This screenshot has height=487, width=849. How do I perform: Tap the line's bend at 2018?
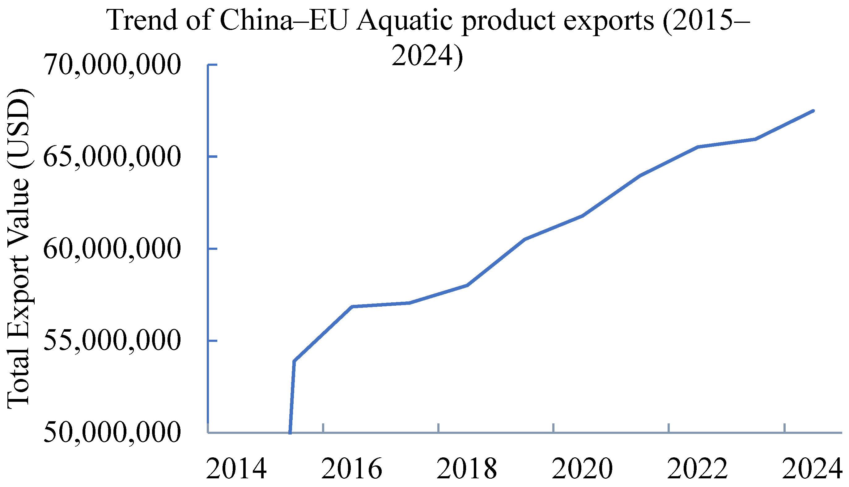(468, 285)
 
